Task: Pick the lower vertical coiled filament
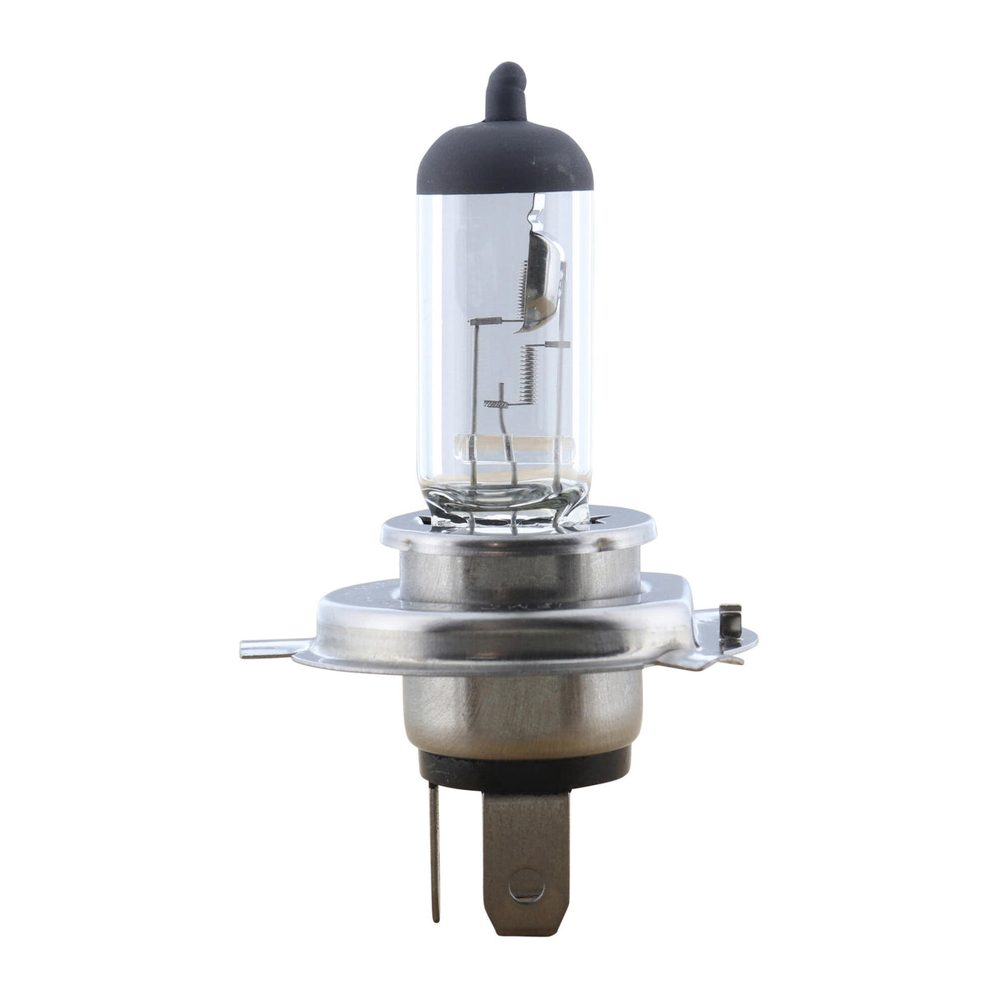(529, 370)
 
